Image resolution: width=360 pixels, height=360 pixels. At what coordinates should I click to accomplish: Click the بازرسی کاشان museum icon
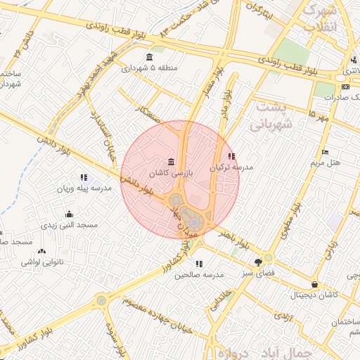point(172,162)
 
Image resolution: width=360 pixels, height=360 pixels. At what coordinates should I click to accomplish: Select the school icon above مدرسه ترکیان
point(232,156)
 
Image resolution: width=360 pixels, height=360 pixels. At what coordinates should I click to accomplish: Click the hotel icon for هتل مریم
point(324,152)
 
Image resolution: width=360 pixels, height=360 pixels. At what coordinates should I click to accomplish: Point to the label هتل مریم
point(326,162)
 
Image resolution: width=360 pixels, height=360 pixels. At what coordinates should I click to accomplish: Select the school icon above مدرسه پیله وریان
point(84,177)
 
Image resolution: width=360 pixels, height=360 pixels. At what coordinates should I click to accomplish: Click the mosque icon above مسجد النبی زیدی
point(69,214)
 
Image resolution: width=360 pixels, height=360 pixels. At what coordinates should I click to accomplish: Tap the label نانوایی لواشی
point(44,262)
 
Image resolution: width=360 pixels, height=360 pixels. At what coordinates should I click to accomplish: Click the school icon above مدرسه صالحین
point(199,264)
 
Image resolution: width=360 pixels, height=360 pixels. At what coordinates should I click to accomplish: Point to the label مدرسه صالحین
point(199,274)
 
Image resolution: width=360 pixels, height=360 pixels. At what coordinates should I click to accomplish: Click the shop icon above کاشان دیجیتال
point(314,285)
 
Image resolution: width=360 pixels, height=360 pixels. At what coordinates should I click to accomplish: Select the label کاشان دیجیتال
point(314,295)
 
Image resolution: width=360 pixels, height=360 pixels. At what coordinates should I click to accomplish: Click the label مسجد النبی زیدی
point(69,225)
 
